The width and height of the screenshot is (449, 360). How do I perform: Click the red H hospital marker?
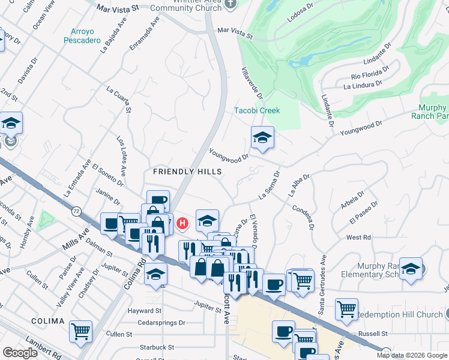pyautogui.click(x=182, y=224)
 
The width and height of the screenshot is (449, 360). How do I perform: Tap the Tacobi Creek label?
pyautogui.click(x=257, y=110)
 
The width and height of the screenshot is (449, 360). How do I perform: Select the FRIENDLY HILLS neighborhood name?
pyautogui.click(x=187, y=172)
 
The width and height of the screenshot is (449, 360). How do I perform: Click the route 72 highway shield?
pyautogui.click(x=76, y=211)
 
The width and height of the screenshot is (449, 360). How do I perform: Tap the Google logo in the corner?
pyautogui.click(x=20, y=353)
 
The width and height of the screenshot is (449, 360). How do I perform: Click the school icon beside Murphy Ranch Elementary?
pyautogui.click(x=411, y=269)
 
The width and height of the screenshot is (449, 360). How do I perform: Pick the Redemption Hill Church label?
pyautogui.click(x=399, y=314)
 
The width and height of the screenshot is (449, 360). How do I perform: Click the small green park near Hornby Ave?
pyautogui.click(x=45, y=221)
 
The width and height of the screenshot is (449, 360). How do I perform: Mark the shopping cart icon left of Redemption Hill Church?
pyautogui.click(x=346, y=310)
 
